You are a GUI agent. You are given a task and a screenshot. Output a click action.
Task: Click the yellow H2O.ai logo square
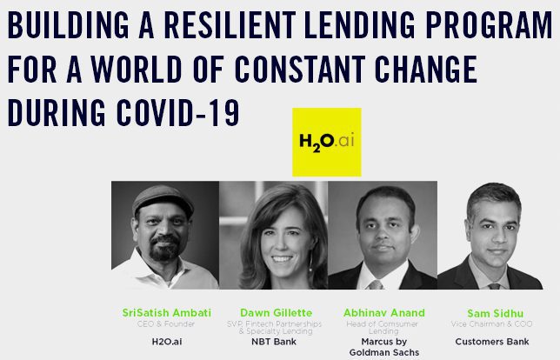click(327, 142)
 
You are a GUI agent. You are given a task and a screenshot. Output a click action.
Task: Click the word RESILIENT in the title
click(230, 25)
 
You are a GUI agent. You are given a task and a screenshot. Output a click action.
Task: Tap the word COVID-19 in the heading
click(178, 113)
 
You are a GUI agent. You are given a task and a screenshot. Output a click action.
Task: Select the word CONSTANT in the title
click(300, 69)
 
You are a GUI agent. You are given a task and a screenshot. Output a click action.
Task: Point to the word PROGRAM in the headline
click(490, 25)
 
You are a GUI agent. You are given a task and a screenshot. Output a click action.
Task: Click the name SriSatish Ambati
click(167, 313)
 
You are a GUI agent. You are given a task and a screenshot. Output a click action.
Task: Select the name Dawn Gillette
click(276, 313)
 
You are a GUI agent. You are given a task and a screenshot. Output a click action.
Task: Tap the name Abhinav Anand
click(384, 313)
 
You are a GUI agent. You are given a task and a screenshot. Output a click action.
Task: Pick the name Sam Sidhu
click(496, 314)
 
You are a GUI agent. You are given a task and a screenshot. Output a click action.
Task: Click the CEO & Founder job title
click(166, 324)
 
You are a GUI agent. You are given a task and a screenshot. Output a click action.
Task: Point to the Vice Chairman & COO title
click(492, 324)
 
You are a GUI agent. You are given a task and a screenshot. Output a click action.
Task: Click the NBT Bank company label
click(274, 342)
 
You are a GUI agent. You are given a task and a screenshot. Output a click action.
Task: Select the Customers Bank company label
click(492, 342)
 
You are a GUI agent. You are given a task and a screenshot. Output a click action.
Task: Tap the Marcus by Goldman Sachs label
click(384, 347)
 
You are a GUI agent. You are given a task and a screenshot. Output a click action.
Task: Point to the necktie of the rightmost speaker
click(494, 286)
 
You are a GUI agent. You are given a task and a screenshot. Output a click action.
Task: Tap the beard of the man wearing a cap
click(165, 249)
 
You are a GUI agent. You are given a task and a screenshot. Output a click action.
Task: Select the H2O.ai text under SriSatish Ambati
click(167, 342)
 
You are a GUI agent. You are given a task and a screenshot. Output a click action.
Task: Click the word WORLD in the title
click(136, 69)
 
